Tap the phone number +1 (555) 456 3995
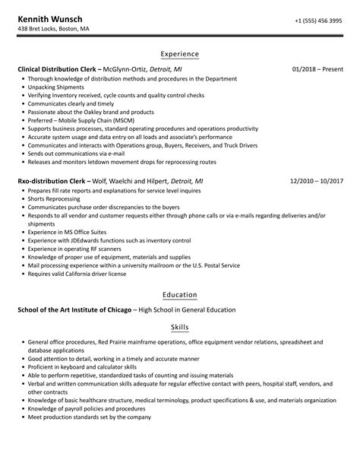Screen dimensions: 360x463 317,20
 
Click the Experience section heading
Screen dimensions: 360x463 180,55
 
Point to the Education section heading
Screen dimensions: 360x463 180,294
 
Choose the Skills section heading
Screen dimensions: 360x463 180,328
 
